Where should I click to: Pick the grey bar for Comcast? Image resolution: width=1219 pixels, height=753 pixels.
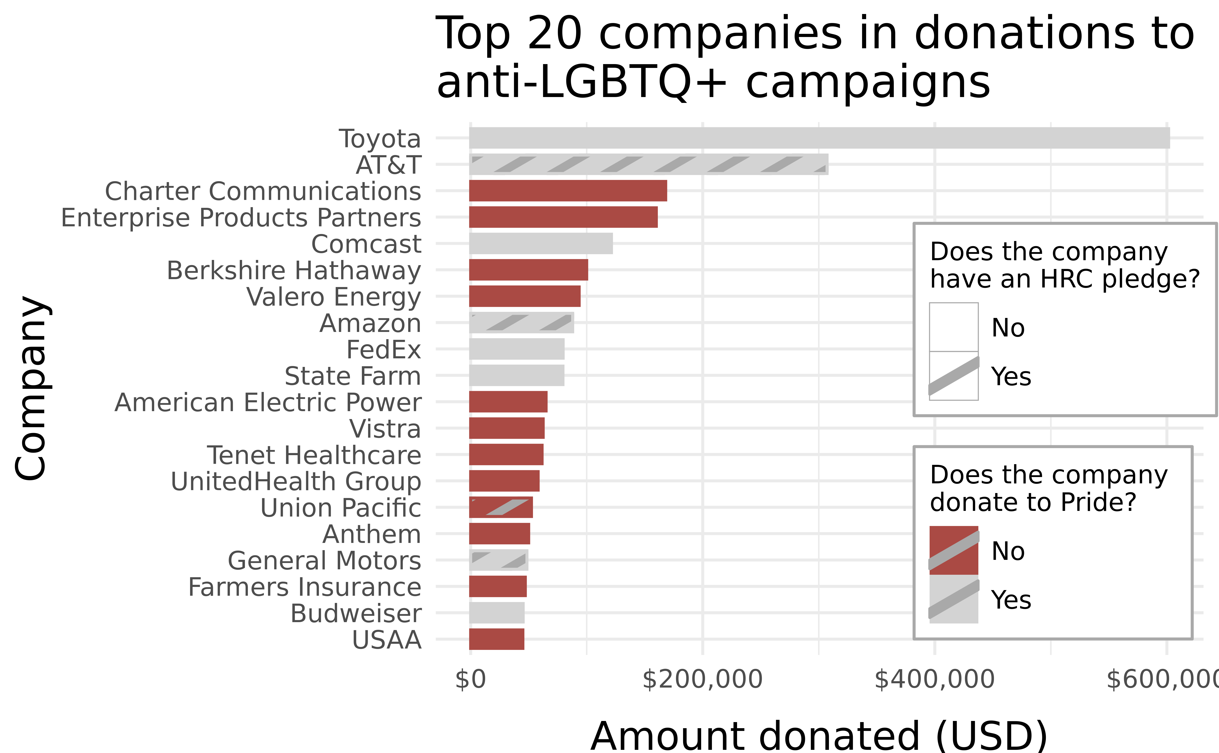[540, 243]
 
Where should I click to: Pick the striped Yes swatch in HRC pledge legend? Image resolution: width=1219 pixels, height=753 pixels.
[954, 376]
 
